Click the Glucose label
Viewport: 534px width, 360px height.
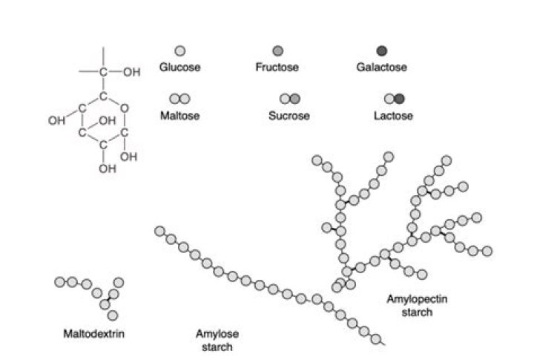tap(180, 68)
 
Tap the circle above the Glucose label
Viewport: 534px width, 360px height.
tap(179, 50)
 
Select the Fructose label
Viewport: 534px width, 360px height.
tap(277, 68)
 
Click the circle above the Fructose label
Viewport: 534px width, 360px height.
tap(278, 50)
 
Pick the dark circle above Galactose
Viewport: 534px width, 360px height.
tap(382, 50)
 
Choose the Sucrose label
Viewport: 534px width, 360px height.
tap(289, 116)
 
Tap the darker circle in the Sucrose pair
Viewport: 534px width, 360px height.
tap(294, 99)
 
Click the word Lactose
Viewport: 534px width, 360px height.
tap(393, 116)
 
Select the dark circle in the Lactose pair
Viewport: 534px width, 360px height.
tap(400, 99)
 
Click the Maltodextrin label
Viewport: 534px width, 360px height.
tap(93, 333)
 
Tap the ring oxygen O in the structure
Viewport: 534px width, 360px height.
tap(126, 114)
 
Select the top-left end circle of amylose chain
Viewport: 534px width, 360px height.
tap(159, 232)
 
